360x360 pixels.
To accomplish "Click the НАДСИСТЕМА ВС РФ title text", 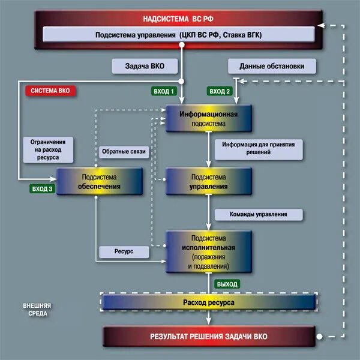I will click(178, 17).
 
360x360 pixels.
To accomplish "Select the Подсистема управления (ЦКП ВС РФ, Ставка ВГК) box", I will click(178, 35).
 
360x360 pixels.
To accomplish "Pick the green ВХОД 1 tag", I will click(163, 91).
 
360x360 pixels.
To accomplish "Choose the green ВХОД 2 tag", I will click(220, 91).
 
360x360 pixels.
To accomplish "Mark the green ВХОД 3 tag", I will click(41, 188).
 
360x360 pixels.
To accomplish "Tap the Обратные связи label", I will click(124, 152).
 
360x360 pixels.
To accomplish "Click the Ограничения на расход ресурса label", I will click(48, 150).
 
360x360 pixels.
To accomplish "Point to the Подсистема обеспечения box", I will click(100, 181).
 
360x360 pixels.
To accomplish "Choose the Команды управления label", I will click(259, 214).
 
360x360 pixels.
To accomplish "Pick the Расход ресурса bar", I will click(209, 302).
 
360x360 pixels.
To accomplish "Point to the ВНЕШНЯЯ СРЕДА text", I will click(37, 309).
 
